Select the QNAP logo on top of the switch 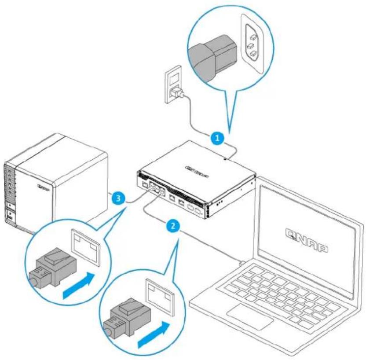tap(197, 169)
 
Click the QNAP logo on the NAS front tap(44, 188)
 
